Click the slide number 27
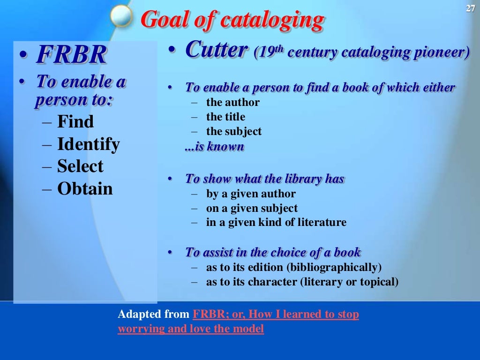point(471,7)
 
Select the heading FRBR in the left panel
point(71,55)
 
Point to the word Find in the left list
point(75,122)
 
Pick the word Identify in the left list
point(88,144)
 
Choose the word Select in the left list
point(80,166)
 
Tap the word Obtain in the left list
point(85,189)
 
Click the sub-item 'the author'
point(232,102)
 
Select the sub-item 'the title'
point(225,117)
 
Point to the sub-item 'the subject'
point(233,132)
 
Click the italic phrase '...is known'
point(215,147)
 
